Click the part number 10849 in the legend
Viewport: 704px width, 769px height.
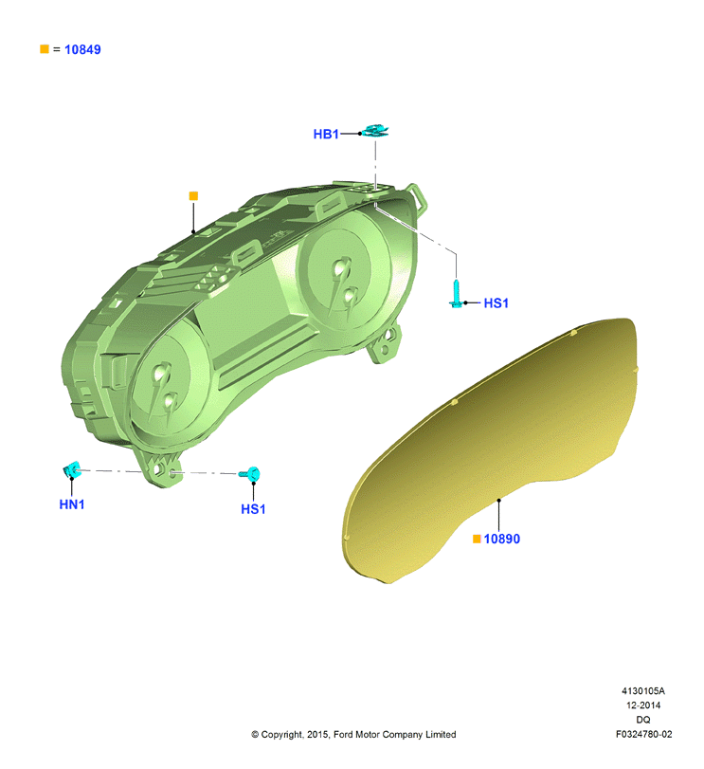point(82,49)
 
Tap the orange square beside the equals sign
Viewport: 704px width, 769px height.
point(45,49)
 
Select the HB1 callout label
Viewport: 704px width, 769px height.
point(326,134)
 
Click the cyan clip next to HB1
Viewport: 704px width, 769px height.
point(375,131)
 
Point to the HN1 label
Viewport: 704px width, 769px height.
point(71,504)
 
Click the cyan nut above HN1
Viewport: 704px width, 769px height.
point(71,468)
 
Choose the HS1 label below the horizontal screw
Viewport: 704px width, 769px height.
point(253,509)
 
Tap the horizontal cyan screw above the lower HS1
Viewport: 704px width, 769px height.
point(250,474)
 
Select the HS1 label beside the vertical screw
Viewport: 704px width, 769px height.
point(496,303)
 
